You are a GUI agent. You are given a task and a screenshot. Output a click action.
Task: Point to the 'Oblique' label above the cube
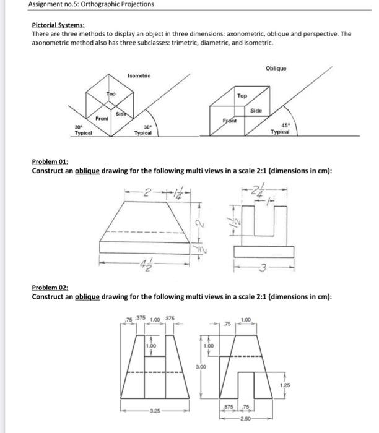(x=277, y=68)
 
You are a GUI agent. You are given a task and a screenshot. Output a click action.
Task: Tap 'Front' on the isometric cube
(x=102, y=118)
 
